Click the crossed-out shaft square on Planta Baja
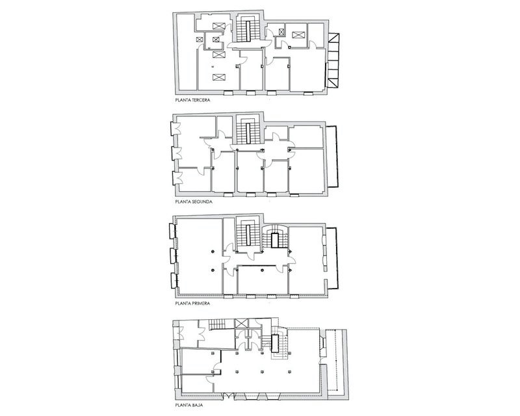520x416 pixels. pos(242,324)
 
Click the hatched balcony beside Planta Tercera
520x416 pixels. pos(333,62)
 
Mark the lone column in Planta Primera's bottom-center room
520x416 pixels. pos(260,270)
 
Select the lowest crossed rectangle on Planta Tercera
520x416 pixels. pos(218,77)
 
